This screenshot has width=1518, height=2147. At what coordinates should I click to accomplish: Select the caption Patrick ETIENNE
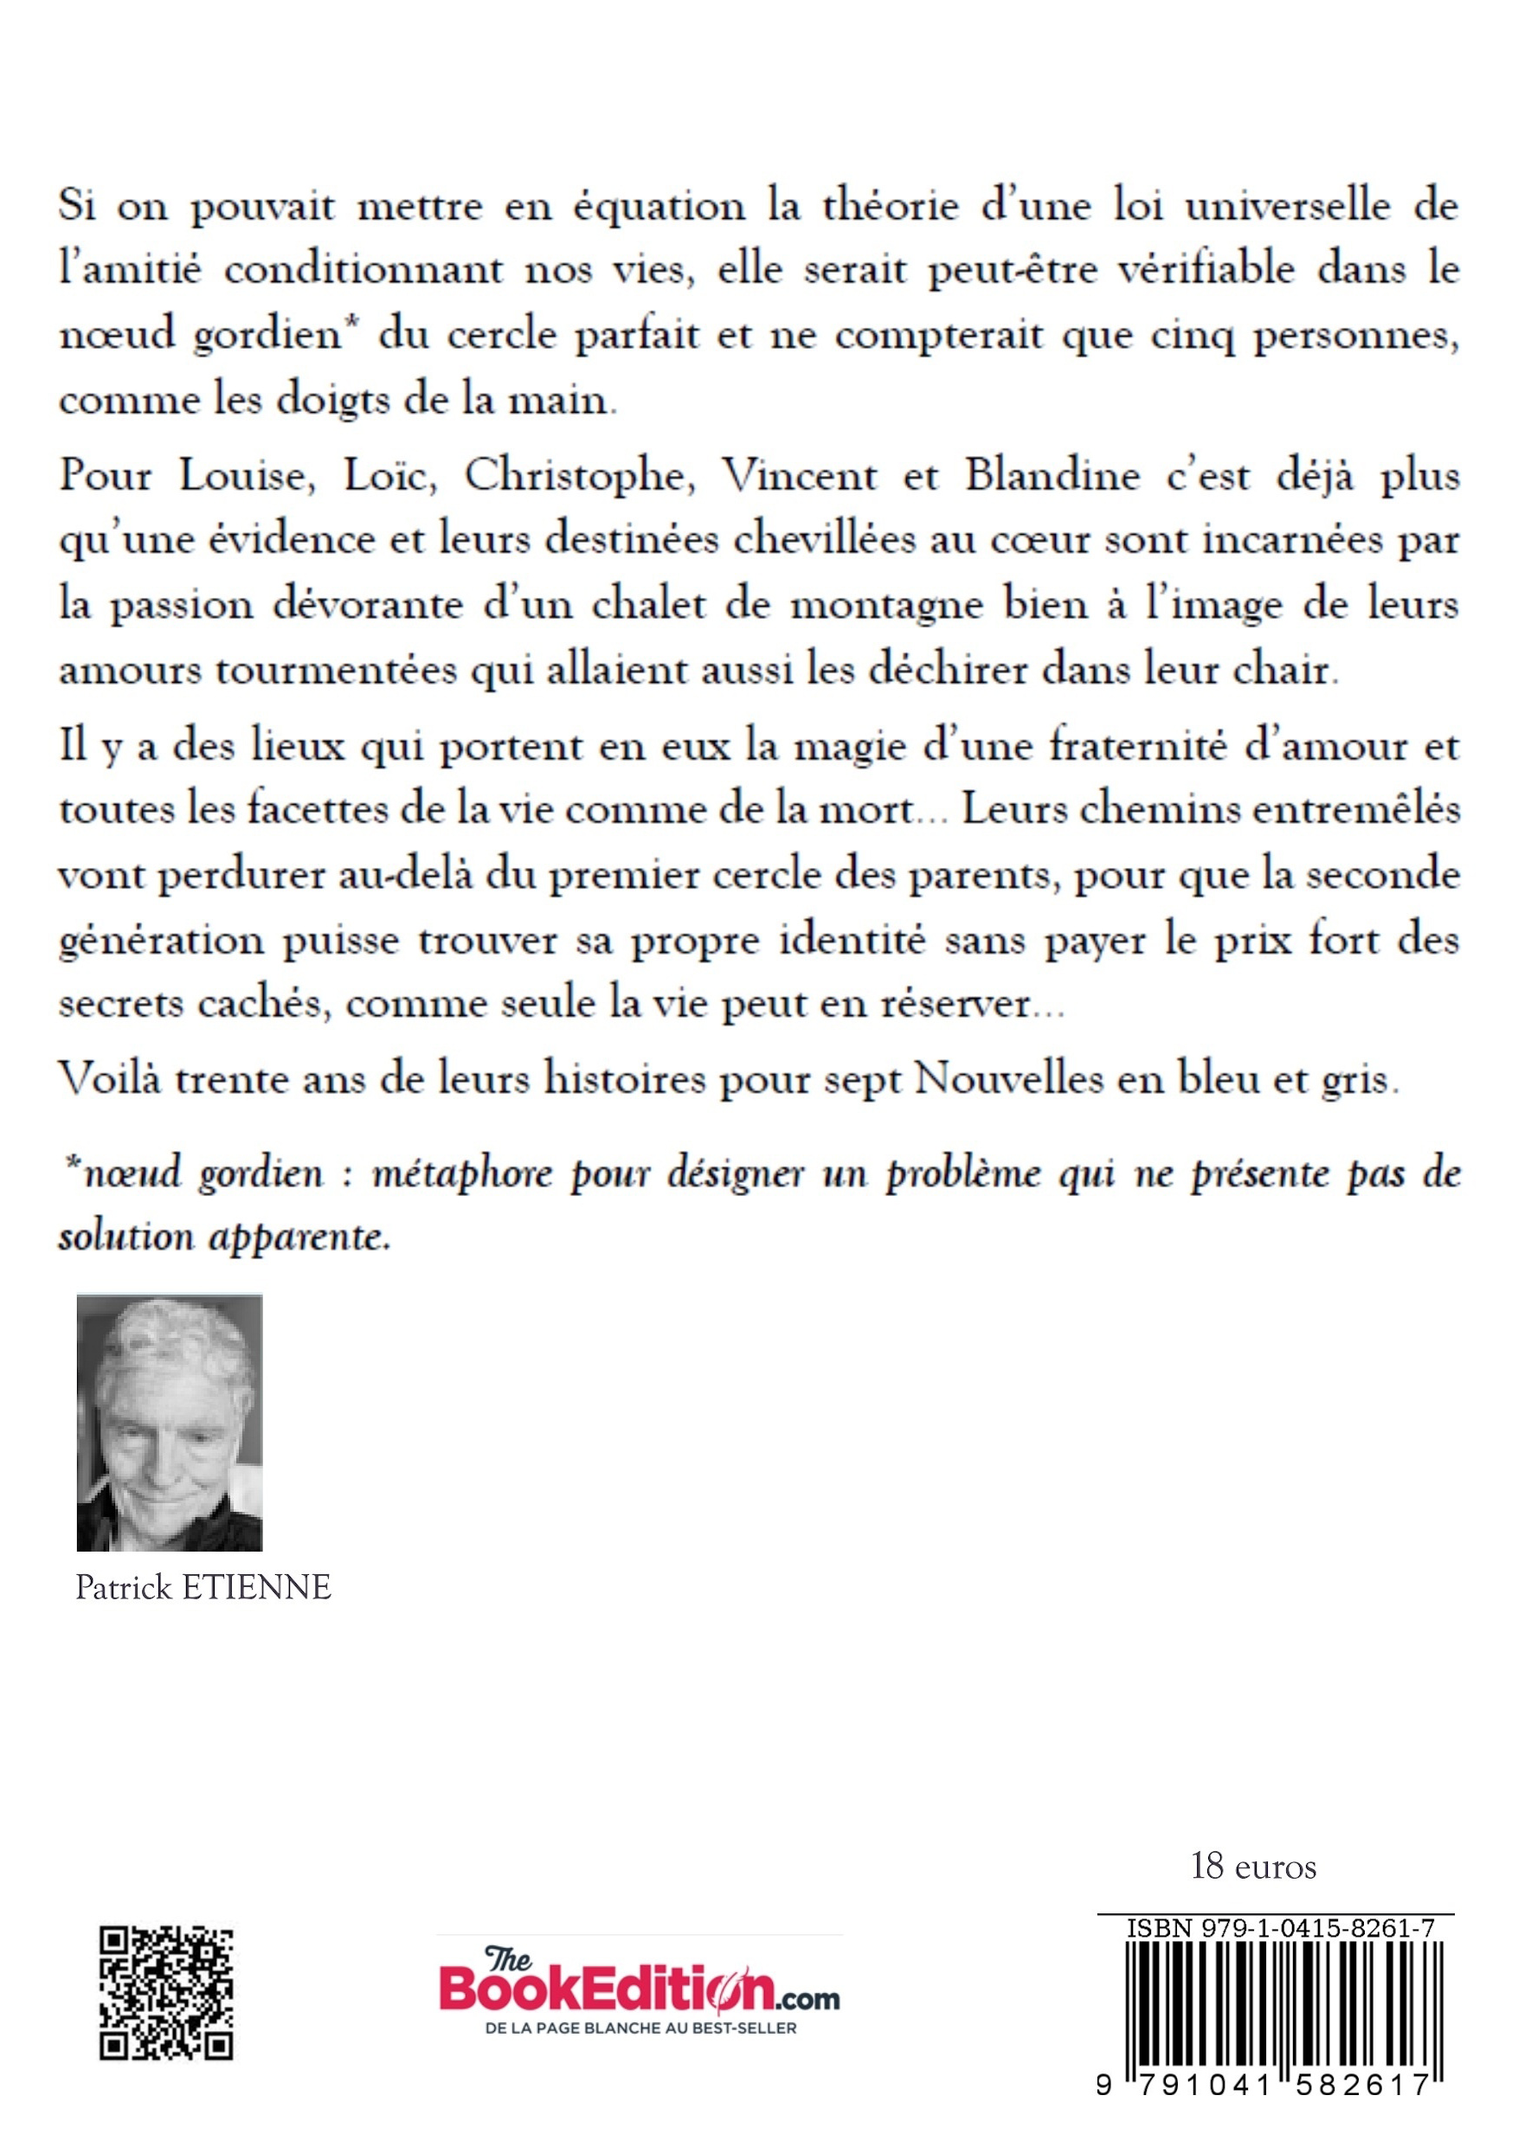[203, 1587]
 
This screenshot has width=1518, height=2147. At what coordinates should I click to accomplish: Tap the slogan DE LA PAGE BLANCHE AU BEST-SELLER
[640, 2028]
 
